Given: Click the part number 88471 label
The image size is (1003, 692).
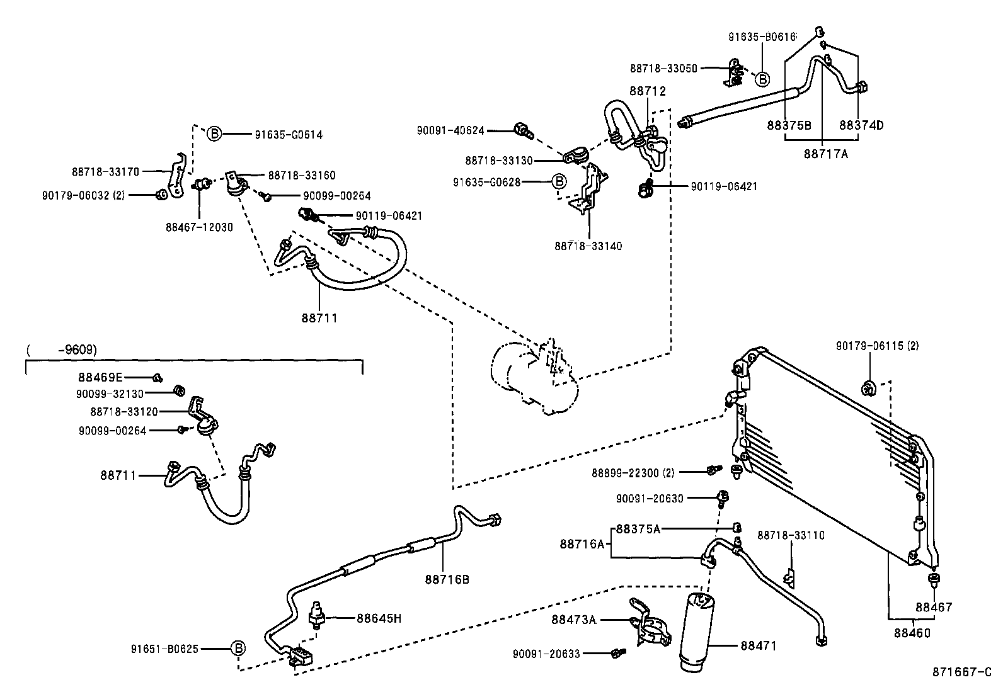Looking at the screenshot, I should (759, 646).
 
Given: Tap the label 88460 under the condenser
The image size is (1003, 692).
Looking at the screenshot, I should (912, 633).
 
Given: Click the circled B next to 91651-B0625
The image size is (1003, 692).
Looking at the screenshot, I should (238, 648).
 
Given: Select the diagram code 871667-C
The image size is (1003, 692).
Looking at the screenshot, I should (961, 672).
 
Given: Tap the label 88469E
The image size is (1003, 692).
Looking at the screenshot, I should (100, 377).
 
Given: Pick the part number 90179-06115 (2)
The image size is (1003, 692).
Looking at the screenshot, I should (877, 346).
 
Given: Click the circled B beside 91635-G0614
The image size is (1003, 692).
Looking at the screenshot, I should (214, 133).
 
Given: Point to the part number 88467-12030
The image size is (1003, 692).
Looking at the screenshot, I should (199, 227).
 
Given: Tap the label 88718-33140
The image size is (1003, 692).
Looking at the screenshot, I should (588, 246).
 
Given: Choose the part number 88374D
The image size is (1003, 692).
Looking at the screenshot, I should (861, 125).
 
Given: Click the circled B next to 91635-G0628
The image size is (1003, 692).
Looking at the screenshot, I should (559, 182).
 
